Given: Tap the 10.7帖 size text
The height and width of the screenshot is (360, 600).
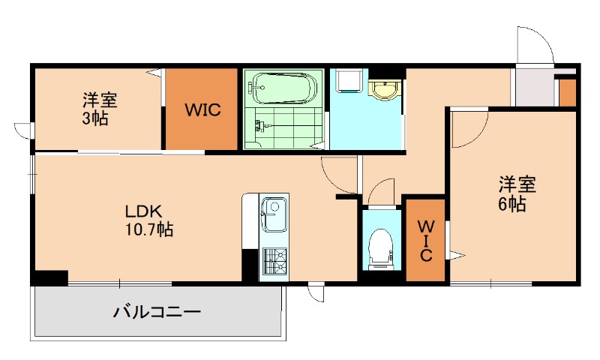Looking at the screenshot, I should (149, 229).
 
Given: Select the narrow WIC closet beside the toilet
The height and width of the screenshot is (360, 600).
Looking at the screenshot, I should (425, 239).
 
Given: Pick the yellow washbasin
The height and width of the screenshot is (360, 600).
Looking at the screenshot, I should (385, 89).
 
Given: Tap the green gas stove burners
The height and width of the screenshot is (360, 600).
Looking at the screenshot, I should (274, 261).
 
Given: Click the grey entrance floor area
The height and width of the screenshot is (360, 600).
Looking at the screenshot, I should (534, 88).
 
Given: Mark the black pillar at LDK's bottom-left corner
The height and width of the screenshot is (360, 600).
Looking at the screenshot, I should (49, 277).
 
